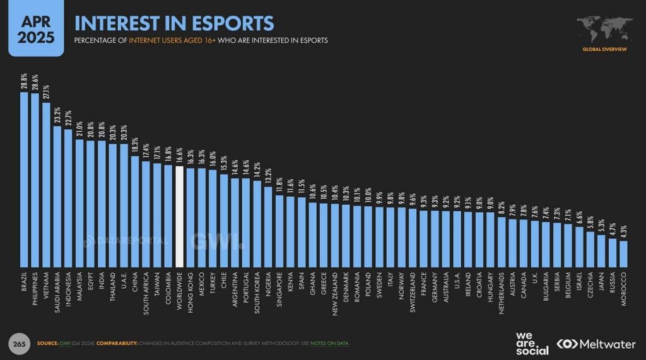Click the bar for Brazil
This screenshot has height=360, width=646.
click(24, 180)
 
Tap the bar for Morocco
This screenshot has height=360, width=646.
click(623, 253)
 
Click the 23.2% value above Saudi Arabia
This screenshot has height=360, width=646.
click(57, 116)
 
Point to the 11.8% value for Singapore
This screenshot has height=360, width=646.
click(279, 185)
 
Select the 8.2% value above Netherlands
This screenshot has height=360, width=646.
click(502, 207)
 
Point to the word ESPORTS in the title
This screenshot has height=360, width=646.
click(233, 23)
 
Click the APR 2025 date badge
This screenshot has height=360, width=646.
click(35, 28)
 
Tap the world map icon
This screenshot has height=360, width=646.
click(604, 29)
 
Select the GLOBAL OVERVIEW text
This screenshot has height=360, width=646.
click(604, 49)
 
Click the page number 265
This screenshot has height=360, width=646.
click(19, 344)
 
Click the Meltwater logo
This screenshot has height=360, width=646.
click(596, 344)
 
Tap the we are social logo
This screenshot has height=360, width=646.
click(532, 344)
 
